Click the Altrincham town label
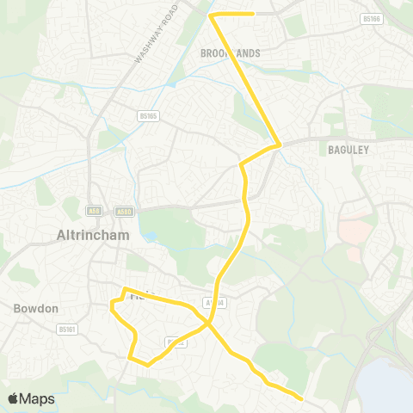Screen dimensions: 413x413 92,234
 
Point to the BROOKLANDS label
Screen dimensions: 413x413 230,52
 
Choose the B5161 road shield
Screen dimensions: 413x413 66,329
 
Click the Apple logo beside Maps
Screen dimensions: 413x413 14,398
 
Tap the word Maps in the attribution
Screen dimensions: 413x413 37,398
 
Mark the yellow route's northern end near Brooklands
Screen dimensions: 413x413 253,14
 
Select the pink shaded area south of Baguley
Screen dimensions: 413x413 352,231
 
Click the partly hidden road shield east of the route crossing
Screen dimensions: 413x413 215,302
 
